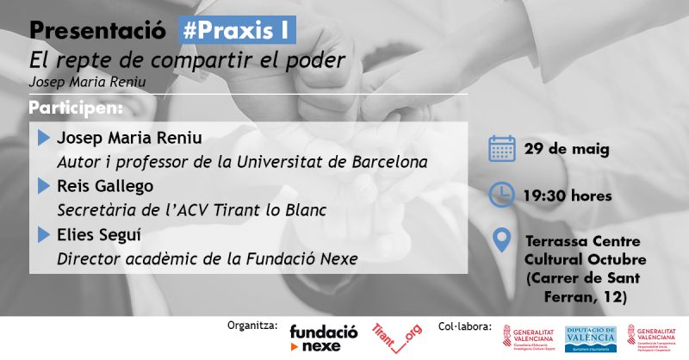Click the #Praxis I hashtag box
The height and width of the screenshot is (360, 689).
pos(236,30)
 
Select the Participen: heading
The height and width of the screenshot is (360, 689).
pos(76,109)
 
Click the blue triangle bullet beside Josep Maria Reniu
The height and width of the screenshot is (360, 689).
pos(43,138)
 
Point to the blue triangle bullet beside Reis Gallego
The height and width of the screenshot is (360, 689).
pos(43,186)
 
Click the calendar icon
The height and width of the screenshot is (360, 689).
pos(501,148)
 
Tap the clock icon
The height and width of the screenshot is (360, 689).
pos(501,195)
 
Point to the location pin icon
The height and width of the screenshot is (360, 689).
pos(501,240)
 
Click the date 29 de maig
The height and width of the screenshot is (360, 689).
pos(567,149)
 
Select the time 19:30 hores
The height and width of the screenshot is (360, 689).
pos(568,196)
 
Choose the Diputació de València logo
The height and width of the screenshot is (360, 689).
pos(591,338)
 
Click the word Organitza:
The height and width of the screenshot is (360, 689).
pos(251,326)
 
